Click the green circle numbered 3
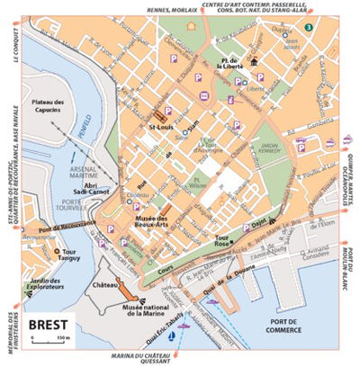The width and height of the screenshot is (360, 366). tap(308, 28)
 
